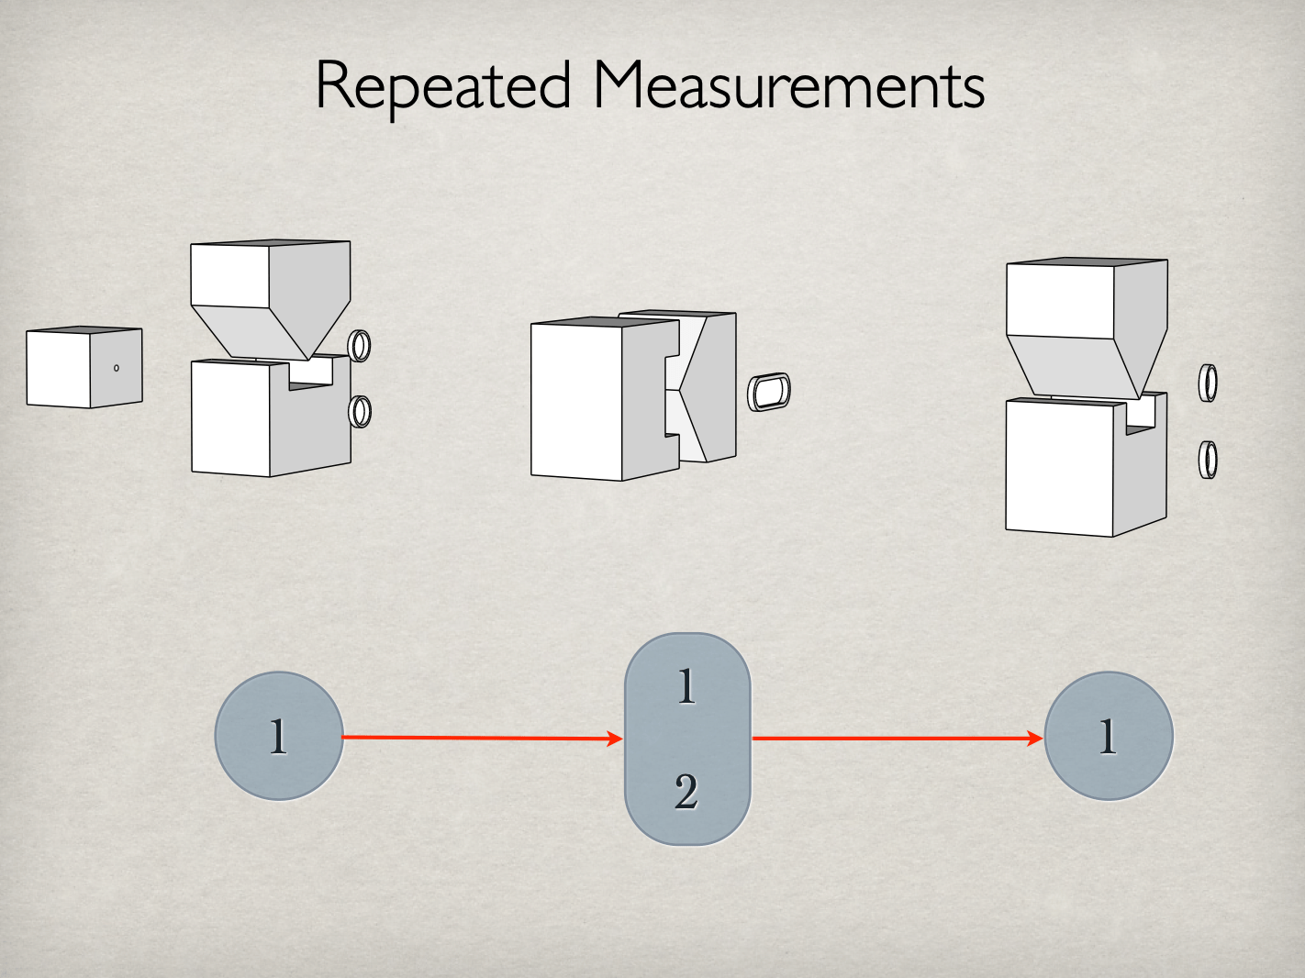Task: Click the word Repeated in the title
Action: point(443,87)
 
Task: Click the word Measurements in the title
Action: point(789,87)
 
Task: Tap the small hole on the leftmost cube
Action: point(116,368)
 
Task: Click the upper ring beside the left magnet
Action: point(361,345)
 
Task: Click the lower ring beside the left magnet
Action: point(361,411)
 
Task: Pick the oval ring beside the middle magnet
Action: point(769,392)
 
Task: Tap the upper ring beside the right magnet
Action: point(1209,383)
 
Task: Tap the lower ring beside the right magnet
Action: point(1209,459)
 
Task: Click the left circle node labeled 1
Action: point(279,736)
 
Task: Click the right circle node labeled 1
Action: point(1109,736)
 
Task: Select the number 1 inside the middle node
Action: point(686,685)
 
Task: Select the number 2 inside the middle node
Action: point(686,791)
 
